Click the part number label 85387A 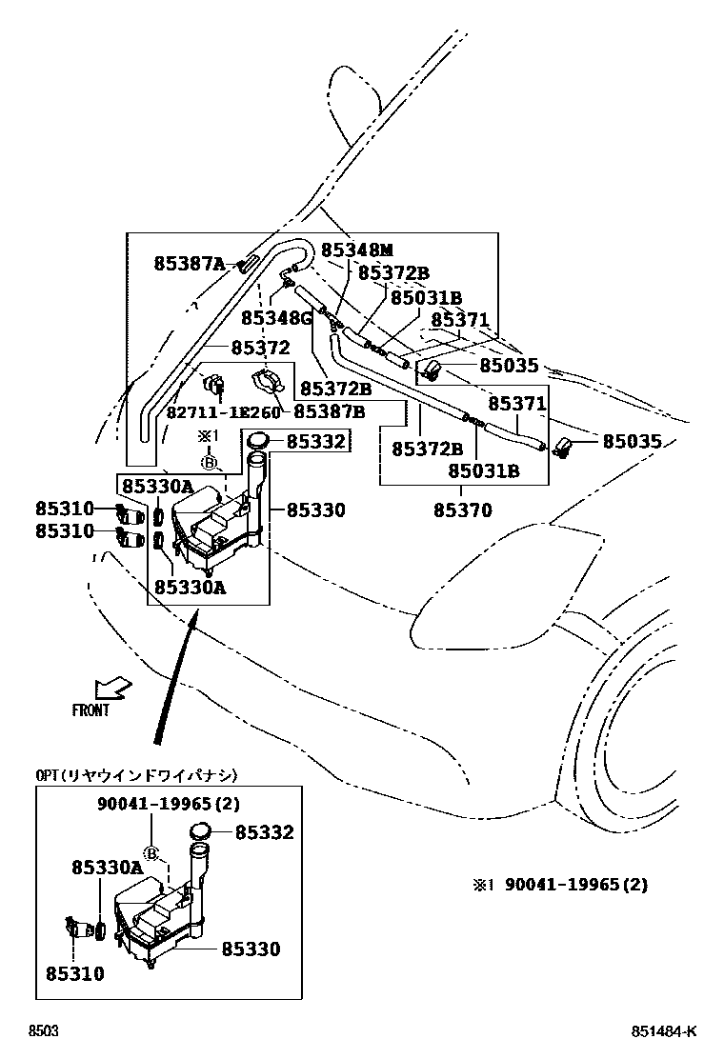click(x=189, y=264)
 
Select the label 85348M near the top click(x=356, y=250)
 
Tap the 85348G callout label click(x=276, y=317)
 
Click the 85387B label click(x=329, y=411)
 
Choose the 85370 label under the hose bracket click(x=463, y=510)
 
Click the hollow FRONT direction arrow click(x=113, y=686)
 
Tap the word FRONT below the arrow click(x=90, y=710)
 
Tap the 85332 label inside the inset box click(x=264, y=832)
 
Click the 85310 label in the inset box click(x=74, y=973)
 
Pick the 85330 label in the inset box click(x=251, y=949)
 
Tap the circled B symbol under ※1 click(x=209, y=464)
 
